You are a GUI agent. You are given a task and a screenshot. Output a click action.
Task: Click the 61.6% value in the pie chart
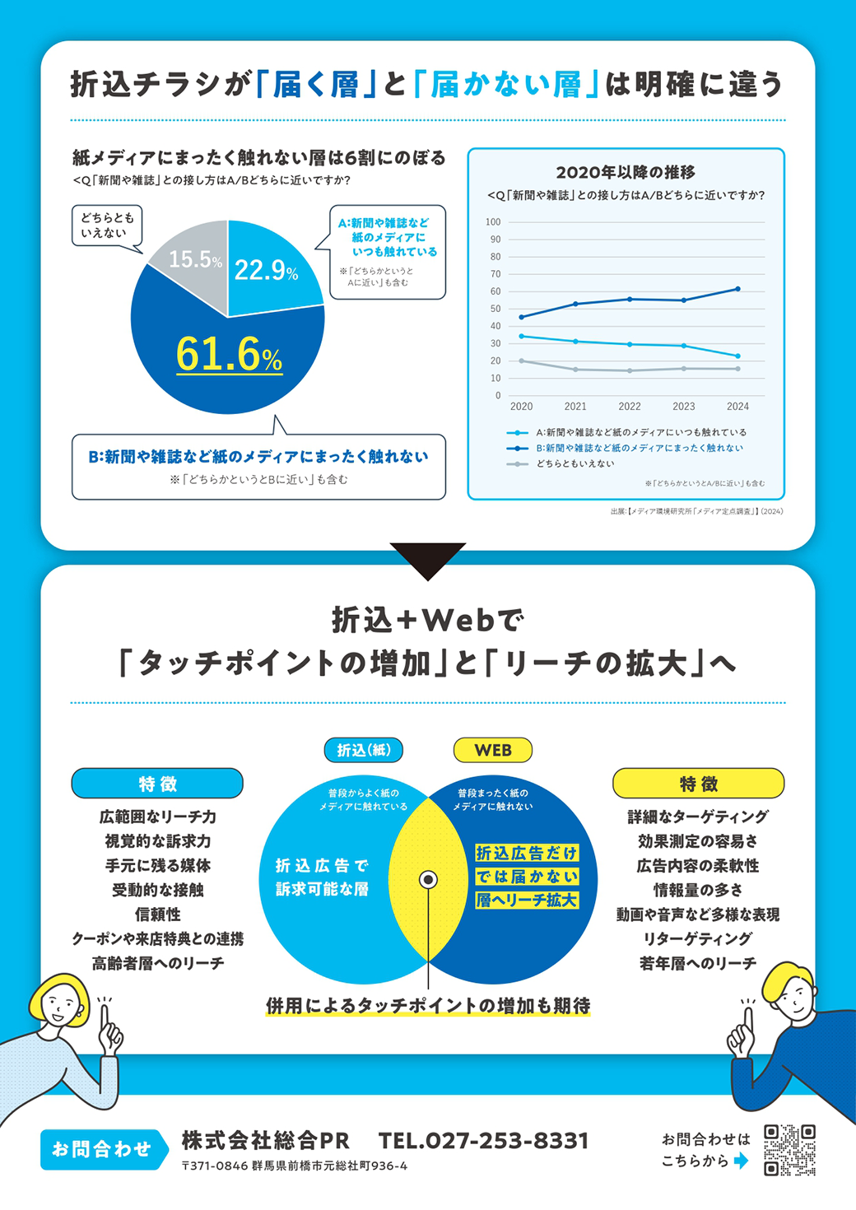tap(229, 355)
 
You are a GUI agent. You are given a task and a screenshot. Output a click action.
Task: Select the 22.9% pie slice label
tap(266, 270)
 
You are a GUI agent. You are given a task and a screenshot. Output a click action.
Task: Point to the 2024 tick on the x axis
tap(737, 407)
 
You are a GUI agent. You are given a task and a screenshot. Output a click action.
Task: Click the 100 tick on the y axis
tap(493, 222)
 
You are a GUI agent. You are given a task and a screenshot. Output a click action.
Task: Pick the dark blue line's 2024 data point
tap(737, 289)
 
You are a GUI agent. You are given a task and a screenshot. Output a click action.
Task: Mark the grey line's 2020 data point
tap(521, 361)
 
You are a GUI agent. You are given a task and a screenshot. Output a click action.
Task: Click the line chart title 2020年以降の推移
tap(626, 172)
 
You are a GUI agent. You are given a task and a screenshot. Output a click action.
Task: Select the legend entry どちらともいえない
tap(575, 464)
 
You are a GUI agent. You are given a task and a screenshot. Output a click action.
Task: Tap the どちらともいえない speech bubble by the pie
tap(107, 226)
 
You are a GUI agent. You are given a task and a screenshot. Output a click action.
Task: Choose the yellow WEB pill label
tap(493, 750)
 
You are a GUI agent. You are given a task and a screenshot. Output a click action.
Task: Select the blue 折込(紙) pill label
tap(363, 750)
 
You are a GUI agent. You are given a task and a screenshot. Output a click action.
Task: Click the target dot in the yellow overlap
tap(428, 880)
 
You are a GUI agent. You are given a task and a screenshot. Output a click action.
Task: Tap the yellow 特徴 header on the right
tap(698, 784)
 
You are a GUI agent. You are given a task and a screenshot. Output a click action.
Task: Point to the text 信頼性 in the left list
tap(157, 914)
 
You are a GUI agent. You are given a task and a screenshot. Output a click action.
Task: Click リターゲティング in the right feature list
tap(698, 939)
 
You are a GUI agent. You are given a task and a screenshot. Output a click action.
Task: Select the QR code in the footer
tap(789, 1150)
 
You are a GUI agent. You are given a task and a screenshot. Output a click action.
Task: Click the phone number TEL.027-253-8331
tap(484, 1141)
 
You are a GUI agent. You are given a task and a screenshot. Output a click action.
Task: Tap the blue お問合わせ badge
tap(102, 1149)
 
